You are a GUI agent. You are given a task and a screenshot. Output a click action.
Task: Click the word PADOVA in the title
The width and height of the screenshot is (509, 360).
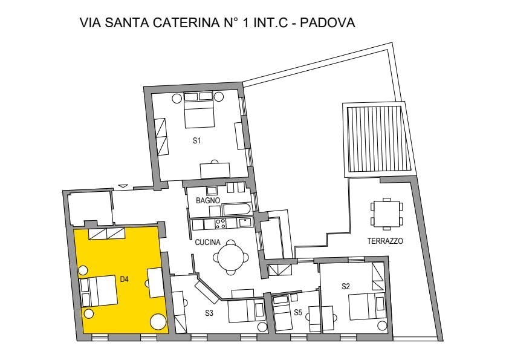coord(327,23)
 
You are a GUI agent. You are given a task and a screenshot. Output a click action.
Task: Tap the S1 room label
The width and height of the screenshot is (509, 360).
coord(196,141)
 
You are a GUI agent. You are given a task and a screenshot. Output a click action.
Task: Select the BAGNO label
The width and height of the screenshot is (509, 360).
coord(208,200)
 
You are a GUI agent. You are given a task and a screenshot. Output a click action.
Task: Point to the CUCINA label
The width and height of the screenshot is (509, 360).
coord(207,242)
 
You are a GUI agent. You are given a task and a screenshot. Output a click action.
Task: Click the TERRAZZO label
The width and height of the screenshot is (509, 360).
coord(385,241)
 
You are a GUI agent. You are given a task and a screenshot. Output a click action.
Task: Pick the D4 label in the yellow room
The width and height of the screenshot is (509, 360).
coord(125,279)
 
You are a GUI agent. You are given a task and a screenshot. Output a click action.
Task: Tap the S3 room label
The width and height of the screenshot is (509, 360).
coord(209,313)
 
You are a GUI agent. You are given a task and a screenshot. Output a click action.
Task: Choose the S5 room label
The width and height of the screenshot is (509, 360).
coord(298,313)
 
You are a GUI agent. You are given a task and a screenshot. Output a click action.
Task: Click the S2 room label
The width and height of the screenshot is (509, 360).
coord(346,286)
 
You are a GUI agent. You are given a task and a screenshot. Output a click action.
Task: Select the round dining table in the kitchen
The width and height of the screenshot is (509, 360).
coord(231,258)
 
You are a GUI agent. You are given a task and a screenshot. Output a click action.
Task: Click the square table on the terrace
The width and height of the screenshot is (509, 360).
coord(387,214)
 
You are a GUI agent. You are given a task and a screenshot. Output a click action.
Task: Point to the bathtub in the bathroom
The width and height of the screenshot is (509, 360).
coord(236,209)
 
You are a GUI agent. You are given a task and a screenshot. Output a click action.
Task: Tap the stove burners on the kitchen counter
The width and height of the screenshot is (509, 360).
coord(221,223)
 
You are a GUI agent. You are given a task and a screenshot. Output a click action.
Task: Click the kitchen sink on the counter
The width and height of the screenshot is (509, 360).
coord(245,223)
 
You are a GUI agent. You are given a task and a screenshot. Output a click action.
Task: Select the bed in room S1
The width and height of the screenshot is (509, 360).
coord(199,110)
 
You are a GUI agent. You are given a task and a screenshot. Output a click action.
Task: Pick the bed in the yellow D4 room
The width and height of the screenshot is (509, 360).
coord(99,291)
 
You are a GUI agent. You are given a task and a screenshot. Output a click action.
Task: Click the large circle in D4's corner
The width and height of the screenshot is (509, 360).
coord(158,322)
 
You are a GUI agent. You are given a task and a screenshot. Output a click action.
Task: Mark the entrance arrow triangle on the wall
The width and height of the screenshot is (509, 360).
coord(123,186)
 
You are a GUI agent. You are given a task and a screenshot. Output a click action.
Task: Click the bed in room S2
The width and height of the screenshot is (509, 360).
coord(368,306)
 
